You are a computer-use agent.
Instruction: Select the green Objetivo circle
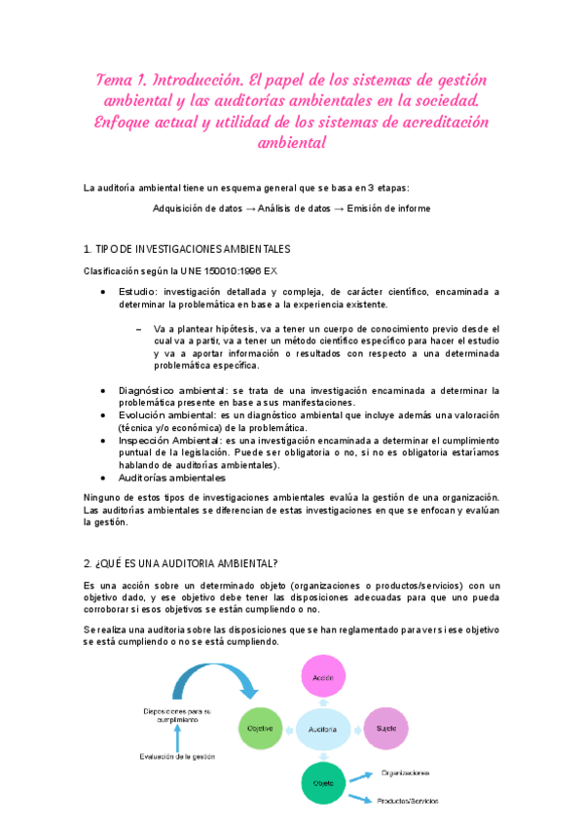click(x=259, y=729)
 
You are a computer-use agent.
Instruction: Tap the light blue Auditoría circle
click(x=322, y=729)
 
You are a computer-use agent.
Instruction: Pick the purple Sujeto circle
click(x=385, y=729)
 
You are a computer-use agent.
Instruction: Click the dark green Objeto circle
click(x=322, y=783)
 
